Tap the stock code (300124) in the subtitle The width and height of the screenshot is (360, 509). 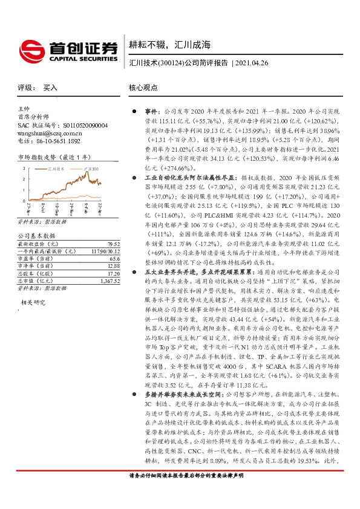pyautogui.click(x=171, y=63)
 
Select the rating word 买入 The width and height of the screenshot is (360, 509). pyautogui.click(x=50, y=88)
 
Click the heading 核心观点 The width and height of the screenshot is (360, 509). pyautogui.click(x=143, y=88)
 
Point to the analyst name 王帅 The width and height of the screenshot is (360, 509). pyautogui.click(x=24, y=107)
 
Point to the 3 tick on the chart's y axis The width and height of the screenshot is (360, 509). pyautogui.click(x=23, y=167)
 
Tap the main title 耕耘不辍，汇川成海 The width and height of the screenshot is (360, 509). pyautogui.click(x=169, y=44)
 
